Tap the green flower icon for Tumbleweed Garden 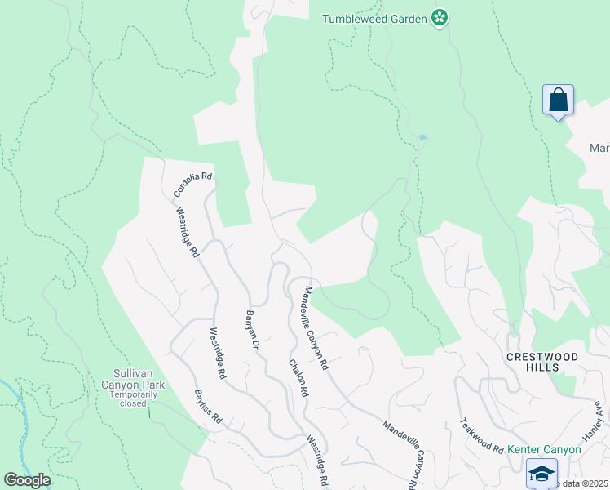pyautogui.click(x=440, y=18)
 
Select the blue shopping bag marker pyautogui.click(x=559, y=100)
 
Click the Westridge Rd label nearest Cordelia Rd pyautogui.click(x=188, y=231)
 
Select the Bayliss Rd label pyautogui.click(x=208, y=406)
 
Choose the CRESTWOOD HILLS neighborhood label pyautogui.click(x=543, y=362)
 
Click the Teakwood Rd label pyautogui.click(x=481, y=436)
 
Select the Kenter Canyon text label pyautogui.click(x=544, y=449)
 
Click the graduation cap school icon pyautogui.click(x=541, y=474)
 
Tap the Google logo pyautogui.click(x=27, y=480)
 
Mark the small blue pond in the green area pyautogui.click(x=422, y=137)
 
